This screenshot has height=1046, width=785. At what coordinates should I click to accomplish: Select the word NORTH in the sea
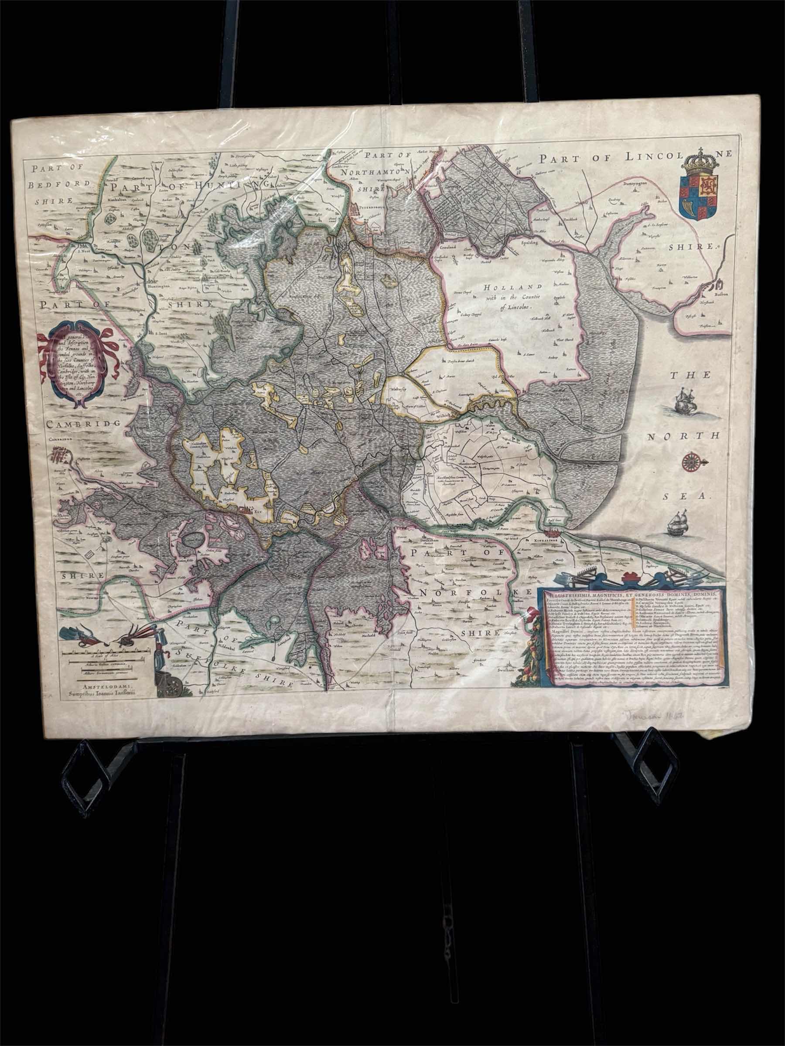pos(683,436)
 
